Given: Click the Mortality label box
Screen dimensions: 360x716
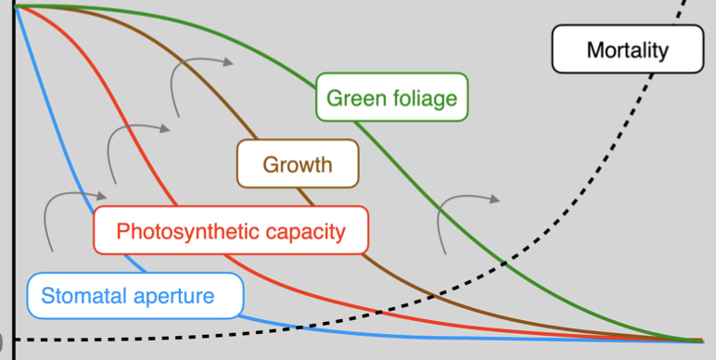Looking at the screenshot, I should click(626, 49).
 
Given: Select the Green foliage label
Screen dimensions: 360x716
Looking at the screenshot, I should click(391, 96).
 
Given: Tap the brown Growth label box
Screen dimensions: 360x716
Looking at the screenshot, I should click(297, 165).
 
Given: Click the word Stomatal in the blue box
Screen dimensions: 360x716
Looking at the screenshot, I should click(81, 297).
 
